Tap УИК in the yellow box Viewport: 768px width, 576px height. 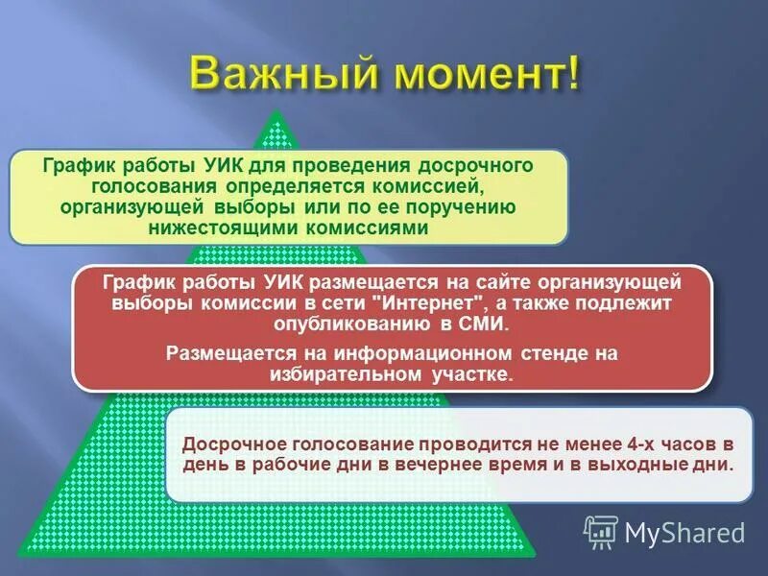pos(227,164)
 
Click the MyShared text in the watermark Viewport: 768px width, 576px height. pos(684,532)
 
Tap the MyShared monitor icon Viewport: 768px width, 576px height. pos(601,531)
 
